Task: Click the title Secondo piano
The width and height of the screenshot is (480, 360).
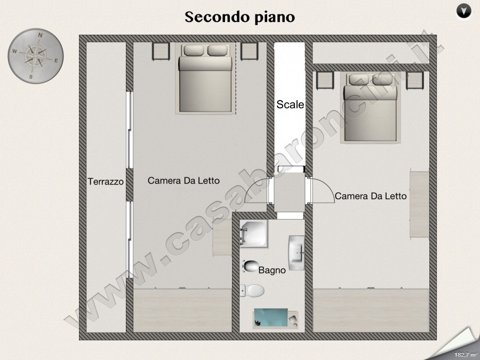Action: [239, 17]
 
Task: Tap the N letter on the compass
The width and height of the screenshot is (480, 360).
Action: [40, 36]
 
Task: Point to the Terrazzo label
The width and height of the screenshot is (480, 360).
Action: [106, 181]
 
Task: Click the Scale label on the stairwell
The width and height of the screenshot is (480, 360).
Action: [290, 105]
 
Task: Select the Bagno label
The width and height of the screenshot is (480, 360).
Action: [272, 270]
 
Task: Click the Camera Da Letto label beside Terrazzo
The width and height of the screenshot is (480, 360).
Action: [183, 181]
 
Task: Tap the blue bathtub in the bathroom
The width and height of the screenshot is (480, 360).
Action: [271, 318]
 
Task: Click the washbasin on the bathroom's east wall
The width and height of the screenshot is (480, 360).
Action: [297, 253]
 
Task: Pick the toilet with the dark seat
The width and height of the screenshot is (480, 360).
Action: [251, 266]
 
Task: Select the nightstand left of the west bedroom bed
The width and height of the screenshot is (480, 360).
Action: [161, 51]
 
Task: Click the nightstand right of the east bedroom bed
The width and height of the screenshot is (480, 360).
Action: [415, 80]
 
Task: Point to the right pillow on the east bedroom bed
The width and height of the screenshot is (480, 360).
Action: [382, 79]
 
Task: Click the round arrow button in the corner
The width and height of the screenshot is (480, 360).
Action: [464, 12]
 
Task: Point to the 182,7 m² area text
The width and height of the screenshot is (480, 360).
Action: [465, 355]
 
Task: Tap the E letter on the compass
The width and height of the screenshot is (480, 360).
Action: [56, 61]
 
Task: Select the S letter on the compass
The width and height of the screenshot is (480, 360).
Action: [30, 77]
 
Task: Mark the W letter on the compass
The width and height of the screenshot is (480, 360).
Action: [14, 51]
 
